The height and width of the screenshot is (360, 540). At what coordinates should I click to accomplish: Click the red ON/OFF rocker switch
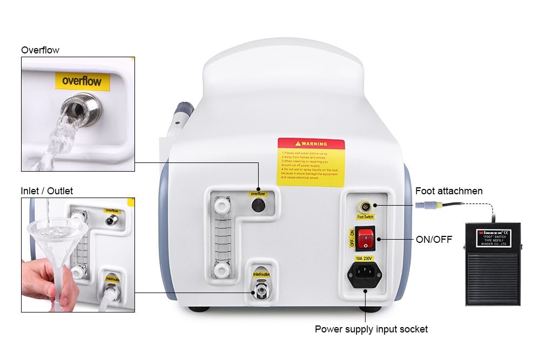click(x=366, y=239)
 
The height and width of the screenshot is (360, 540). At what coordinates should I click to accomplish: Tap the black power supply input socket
click(x=364, y=276)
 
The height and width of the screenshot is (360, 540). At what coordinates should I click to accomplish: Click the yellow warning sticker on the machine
click(x=311, y=162)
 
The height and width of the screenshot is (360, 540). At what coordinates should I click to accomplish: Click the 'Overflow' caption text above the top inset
click(x=40, y=50)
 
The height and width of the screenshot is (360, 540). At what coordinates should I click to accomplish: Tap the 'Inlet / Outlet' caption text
click(x=46, y=191)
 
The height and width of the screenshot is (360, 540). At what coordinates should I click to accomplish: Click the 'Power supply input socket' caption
click(x=371, y=329)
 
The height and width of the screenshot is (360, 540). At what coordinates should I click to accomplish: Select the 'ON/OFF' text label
click(x=434, y=239)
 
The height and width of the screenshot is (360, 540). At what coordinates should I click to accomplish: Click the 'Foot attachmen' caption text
click(x=449, y=191)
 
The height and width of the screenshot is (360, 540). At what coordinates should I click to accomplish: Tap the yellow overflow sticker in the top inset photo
click(x=82, y=81)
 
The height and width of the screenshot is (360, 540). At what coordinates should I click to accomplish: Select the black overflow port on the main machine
click(x=259, y=205)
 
